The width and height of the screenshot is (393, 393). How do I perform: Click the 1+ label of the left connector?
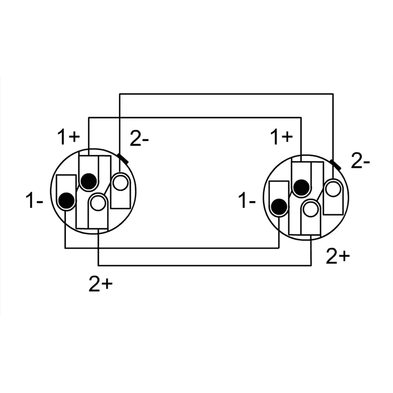pyautogui.click(x=69, y=137)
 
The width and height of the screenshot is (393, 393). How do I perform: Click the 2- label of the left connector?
pyautogui.click(x=139, y=139)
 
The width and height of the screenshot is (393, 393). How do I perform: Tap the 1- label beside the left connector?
pyautogui.click(x=34, y=200)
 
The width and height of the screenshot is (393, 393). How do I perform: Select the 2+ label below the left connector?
pyautogui.click(x=101, y=284)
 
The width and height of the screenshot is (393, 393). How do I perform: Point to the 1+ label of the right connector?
pyautogui.click(x=282, y=137)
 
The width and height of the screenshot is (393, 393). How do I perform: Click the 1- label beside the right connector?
pyautogui.click(x=247, y=200)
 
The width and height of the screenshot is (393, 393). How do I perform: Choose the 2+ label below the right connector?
pyautogui.click(x=338, y=256)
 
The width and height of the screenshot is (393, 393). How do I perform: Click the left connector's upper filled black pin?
pyautogui.click(x=89, y=181)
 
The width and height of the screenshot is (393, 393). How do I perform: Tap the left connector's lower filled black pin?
pyautogui.click(x=66, y=200)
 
